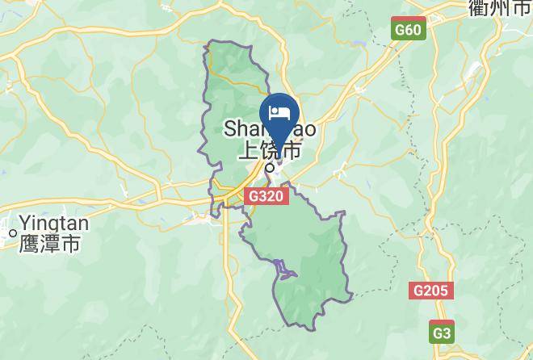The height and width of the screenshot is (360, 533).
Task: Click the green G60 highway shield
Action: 408,30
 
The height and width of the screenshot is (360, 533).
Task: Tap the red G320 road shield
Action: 267,196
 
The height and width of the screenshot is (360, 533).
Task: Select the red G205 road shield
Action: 431,291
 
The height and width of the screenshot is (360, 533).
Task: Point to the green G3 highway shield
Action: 441,332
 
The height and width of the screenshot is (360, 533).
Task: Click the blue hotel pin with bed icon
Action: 279,115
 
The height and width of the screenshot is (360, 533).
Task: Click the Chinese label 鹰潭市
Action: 49,242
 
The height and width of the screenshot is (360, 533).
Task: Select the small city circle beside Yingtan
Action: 13,233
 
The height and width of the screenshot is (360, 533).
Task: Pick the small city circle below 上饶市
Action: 270,168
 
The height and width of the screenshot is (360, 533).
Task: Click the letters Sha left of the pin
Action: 240,129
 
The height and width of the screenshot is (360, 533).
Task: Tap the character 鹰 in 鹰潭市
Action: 28,242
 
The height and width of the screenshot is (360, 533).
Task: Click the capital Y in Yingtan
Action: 25,222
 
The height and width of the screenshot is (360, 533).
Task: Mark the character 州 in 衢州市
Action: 500,8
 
